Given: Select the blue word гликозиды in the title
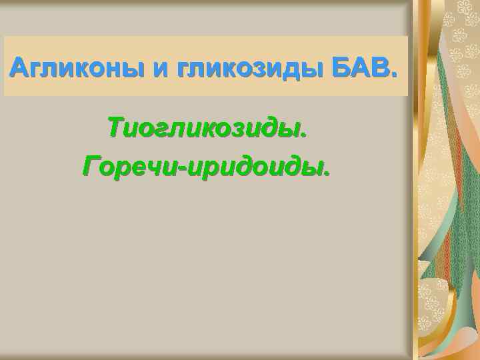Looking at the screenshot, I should pos(251,67).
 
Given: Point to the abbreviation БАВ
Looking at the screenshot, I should pos(359,67).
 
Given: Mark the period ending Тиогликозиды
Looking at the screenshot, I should pos(306,135).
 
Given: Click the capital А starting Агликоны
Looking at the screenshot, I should pos(20,67).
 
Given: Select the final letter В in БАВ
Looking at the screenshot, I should pos(380,67).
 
